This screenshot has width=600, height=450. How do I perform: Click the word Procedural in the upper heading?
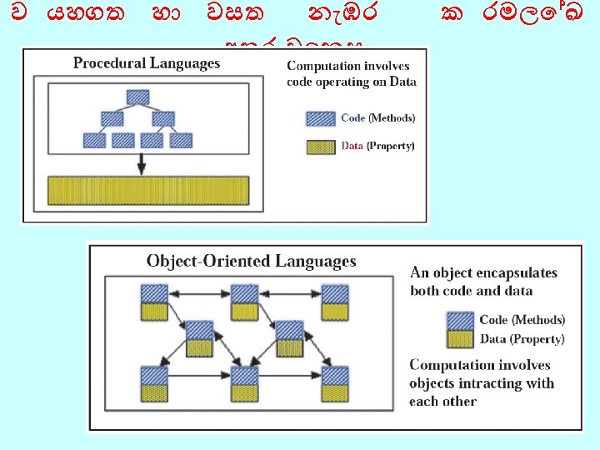click(107, 63)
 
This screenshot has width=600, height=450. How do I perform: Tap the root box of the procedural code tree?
click(139, 96)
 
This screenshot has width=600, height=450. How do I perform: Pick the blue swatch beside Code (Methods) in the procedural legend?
click(321, 118)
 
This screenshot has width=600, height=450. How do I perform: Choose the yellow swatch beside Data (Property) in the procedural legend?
click(321, 146)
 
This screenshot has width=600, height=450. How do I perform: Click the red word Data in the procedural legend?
click(352, 146)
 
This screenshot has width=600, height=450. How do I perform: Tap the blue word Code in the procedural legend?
click(352, 118)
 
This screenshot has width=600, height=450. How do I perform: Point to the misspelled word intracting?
click(488, 383)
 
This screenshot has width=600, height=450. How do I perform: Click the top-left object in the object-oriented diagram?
click(153, 302)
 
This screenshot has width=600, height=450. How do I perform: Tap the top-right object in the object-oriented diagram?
click(335, 302)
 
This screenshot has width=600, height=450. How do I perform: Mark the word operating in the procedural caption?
click(350, 82)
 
